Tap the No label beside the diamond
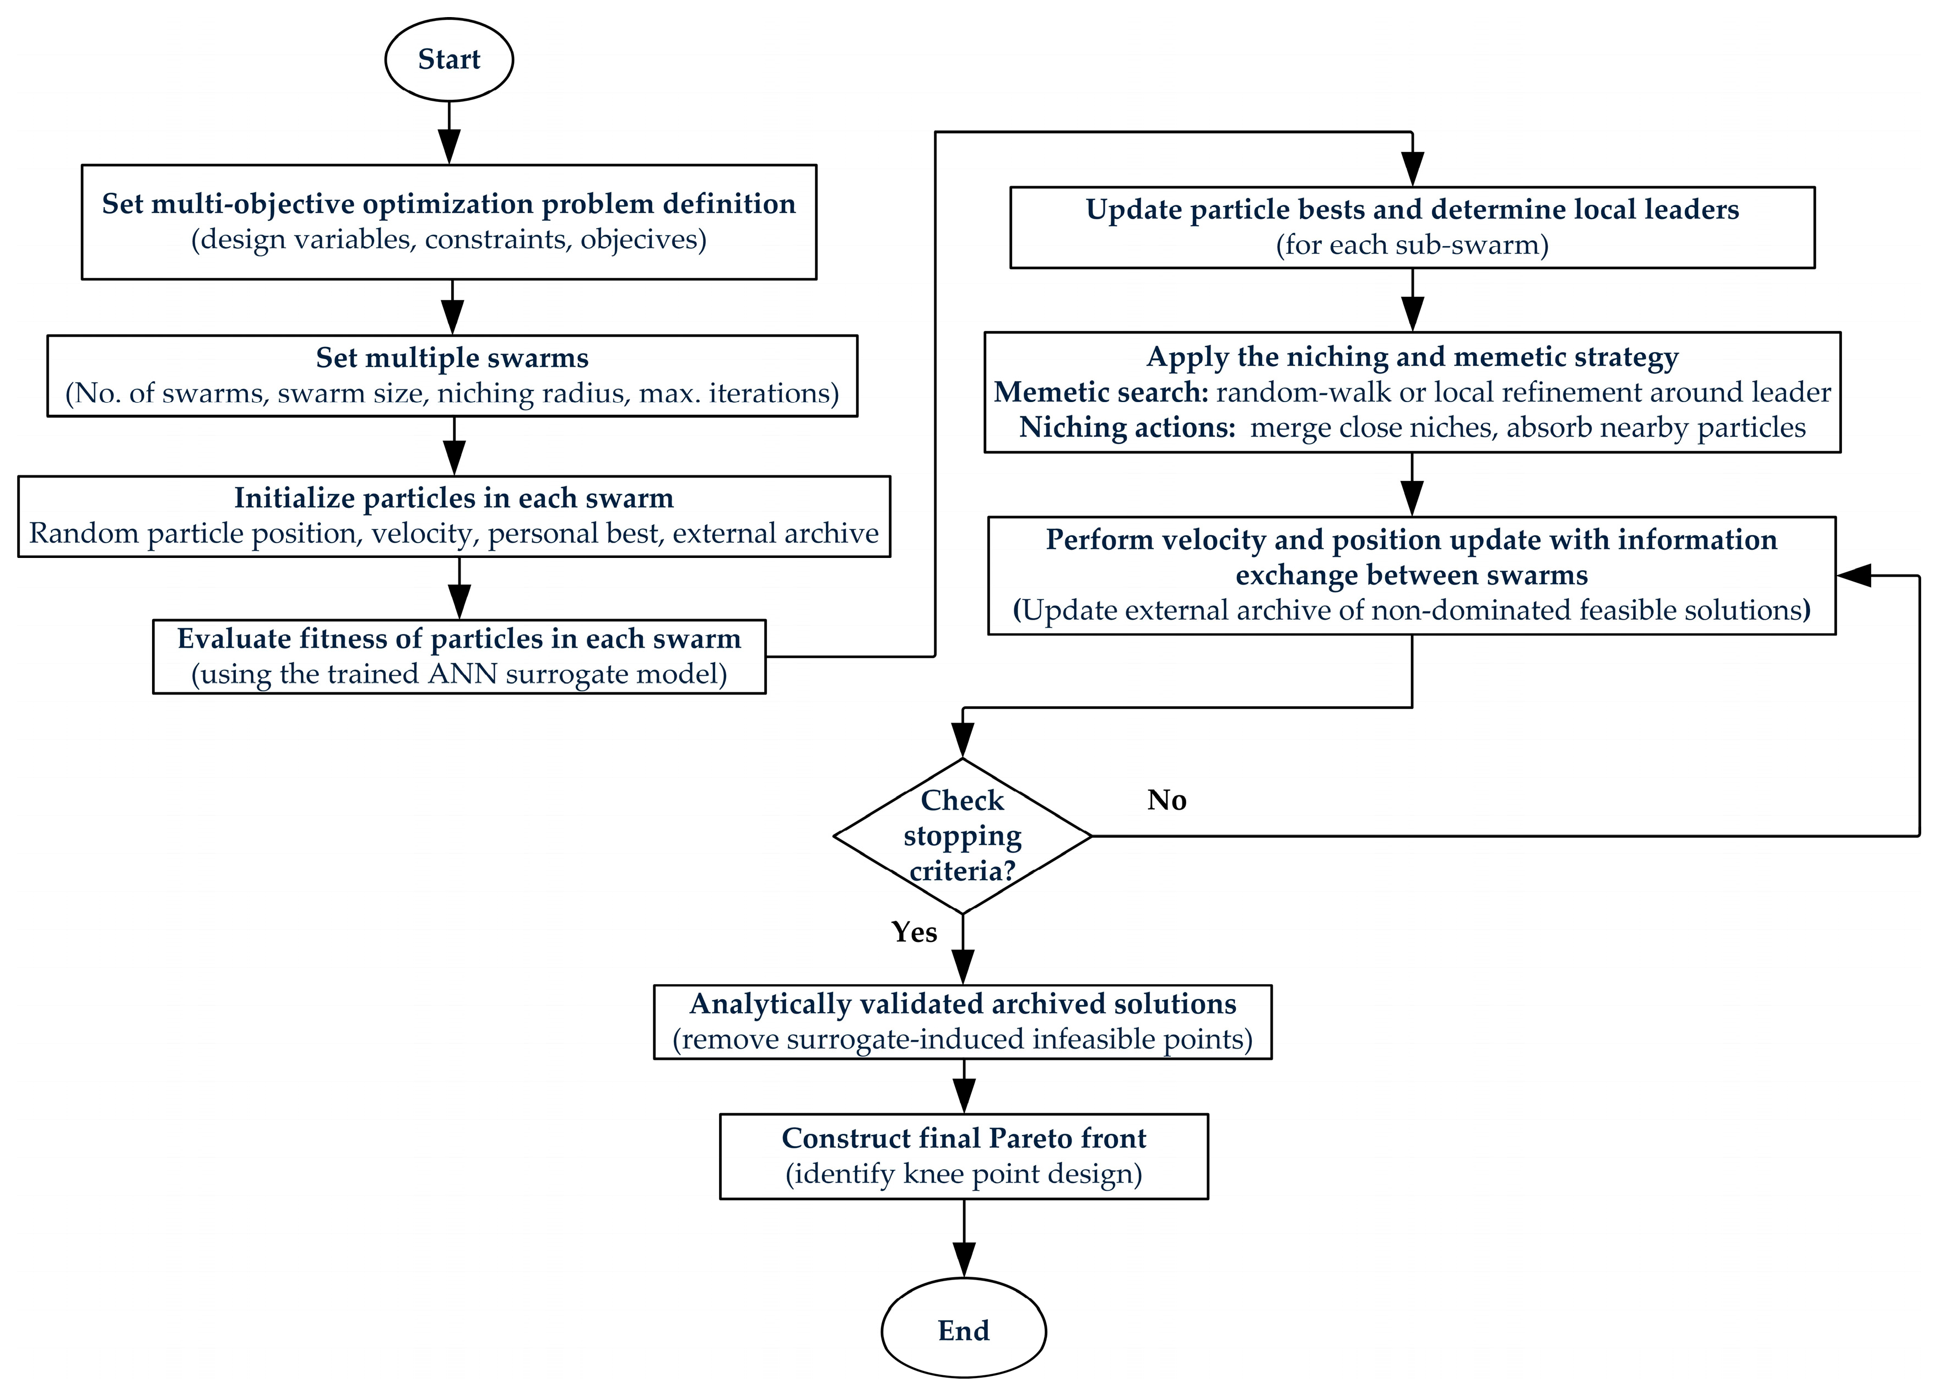[x=1166, y=800]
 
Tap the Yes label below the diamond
[x=914, y=931]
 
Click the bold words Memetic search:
[x=1101, y=392]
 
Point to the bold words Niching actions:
[x=1128, y=427]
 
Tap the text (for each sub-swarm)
[x=1413, y=245]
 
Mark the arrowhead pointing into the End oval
[x=964, y=1260]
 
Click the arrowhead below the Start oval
[x=449, y=146]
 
